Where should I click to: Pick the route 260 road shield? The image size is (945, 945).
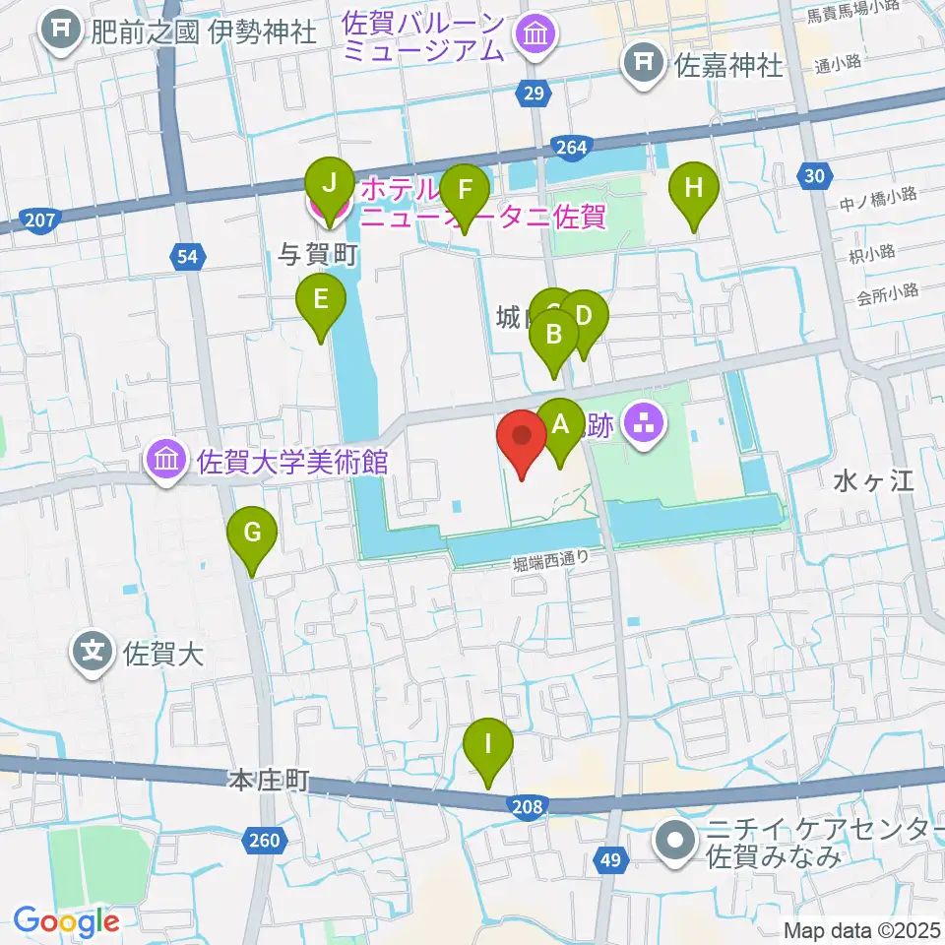click(265, 840)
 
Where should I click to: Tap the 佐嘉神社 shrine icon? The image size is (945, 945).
click(642, 65)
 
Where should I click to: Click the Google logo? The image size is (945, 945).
click(66, 921)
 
